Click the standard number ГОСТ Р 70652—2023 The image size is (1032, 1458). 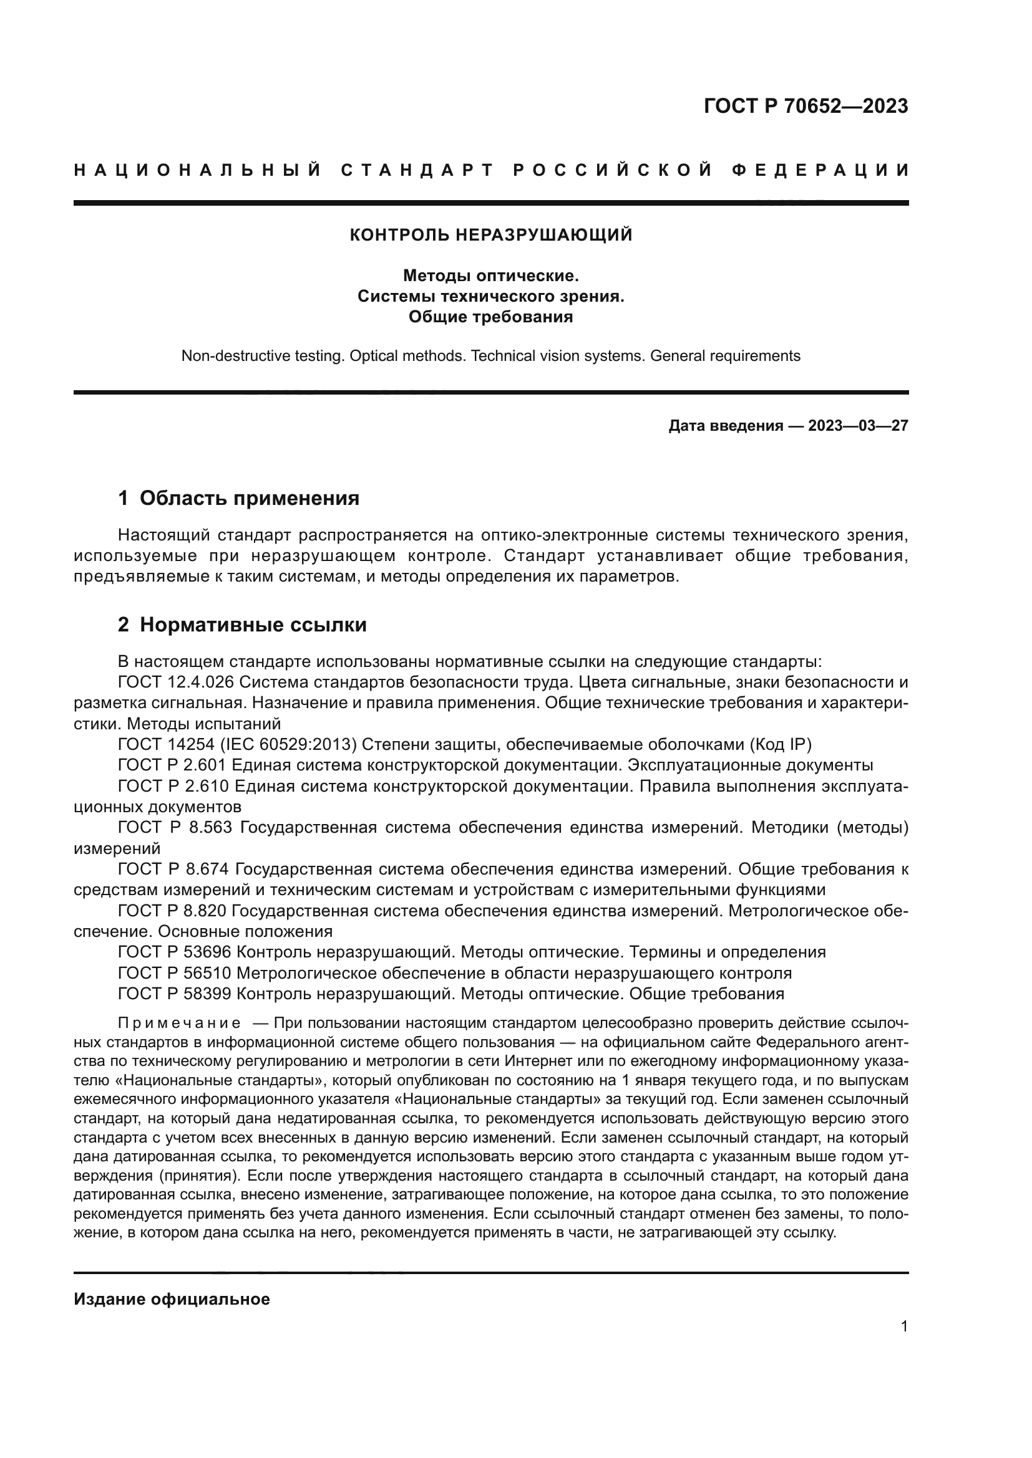pos(806,106)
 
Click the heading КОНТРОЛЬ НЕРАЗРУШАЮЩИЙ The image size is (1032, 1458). pos(491,235)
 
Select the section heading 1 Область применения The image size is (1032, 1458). pos(239,499)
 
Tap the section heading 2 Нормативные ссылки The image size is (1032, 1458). pos(242,625)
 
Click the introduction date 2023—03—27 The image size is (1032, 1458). pos(858,426)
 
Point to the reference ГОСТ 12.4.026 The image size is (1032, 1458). pos(176,683)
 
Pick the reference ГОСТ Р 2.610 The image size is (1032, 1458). pos(173,786)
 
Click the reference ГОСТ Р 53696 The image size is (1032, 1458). pos(176,952)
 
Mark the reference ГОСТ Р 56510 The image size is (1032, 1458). pos(176,973)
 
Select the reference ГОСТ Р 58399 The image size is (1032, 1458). pos(176,994)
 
